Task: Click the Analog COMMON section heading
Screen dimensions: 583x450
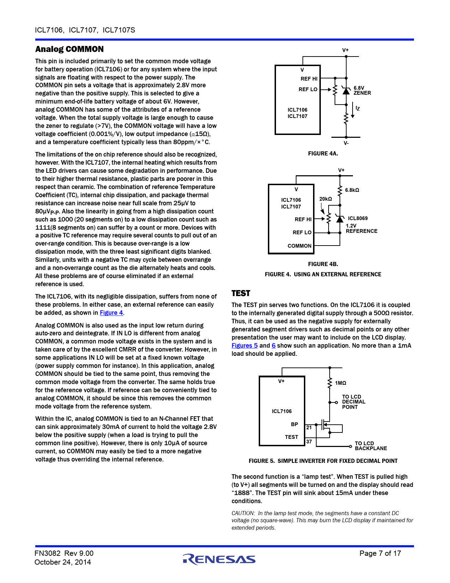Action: click(x=69, y=49)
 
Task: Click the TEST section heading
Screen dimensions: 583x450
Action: click(x=241, y=293)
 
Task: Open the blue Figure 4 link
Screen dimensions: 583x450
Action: click(x=111, y=313)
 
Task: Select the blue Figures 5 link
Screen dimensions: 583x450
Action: click(x=244, y=346)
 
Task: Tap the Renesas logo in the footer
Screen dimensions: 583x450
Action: click(x=219, y=559)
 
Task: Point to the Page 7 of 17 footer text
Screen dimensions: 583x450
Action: click(x=380, y=553)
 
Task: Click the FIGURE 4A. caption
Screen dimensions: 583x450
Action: click(x=323, y=153)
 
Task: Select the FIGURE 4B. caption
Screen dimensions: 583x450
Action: click(x=323, y=264)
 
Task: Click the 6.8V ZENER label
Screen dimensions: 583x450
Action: click(x=362, y=90)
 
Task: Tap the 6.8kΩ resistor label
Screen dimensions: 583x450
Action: click(x=352, y=190)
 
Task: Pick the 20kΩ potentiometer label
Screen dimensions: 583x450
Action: click(x=325, y=199)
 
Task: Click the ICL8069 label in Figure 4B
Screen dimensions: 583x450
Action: click(x=358, y=218)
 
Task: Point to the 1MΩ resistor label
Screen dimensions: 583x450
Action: click(x=340, y=383)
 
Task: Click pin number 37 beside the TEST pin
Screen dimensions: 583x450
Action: click(x=309, y=442)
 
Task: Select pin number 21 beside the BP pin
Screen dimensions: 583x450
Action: click(x=309, y=428)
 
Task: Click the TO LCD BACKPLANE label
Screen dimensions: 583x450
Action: click(x=371, y=446)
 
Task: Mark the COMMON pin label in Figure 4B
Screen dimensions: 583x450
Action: click(x=299, y=246)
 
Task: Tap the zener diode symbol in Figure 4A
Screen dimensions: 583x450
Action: click(x=346, y=91)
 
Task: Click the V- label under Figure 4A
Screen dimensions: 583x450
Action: click(x=346, y=143)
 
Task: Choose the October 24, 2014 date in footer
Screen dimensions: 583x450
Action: click(x=62, y=562)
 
